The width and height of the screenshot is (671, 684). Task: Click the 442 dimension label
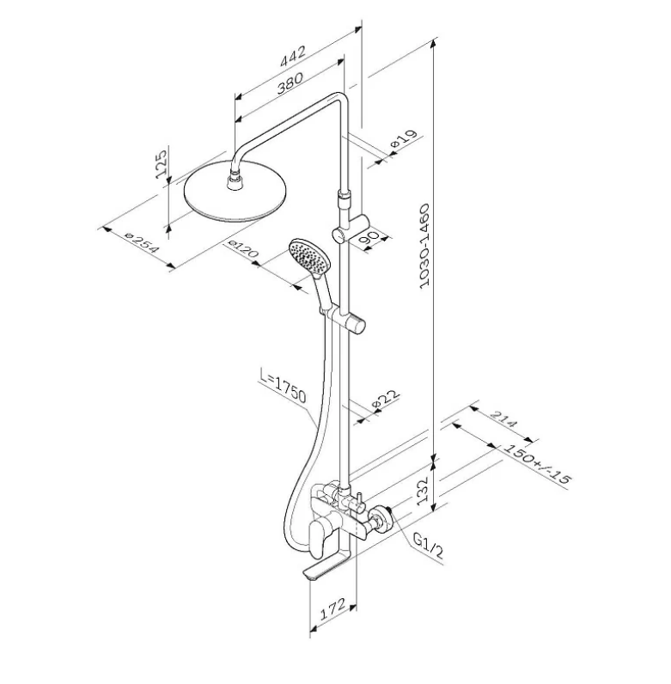pos(293,56)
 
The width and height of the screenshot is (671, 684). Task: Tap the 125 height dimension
pos(162,163)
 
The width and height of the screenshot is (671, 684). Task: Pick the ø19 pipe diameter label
pos(404,138)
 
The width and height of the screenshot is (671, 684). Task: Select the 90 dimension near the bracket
pos(369,238)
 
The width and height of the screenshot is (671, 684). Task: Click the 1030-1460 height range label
pos(424,246)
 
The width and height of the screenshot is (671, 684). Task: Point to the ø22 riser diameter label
pos(386,399)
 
